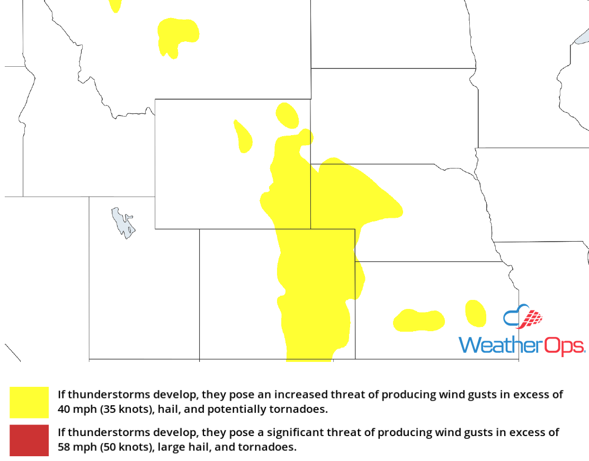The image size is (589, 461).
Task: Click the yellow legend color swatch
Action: (x=29, y=402)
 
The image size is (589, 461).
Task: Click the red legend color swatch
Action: (x=29, y=440)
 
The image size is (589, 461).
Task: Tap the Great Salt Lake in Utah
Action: (x=122, y=223)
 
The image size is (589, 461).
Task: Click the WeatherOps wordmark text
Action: (x=522, y=345)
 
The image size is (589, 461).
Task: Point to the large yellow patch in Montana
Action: (x=178, y=36)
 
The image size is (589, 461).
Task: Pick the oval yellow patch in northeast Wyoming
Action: (x=288, y=116)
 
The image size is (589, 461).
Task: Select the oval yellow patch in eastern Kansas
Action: (x=475, y=313)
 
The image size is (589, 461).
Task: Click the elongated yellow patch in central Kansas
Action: (x=418, y=320)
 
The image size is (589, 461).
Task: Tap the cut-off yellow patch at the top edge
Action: (x=115, y=5)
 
